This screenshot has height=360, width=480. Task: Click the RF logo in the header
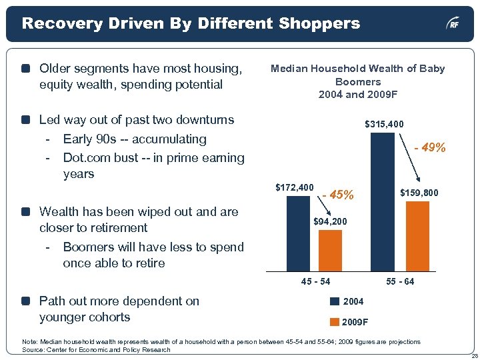click(x=453, y=25)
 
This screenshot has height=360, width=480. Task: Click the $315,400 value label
click(x=384, y=125)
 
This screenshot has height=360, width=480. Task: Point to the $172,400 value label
click(x=294, y=187)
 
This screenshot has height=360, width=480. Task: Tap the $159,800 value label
click(x=419, y=193)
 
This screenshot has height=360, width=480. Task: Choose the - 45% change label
click(x=338, y=195)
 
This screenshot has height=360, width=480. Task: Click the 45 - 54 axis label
click(x=315, y=282)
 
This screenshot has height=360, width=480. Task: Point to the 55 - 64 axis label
click(x=400, y=282)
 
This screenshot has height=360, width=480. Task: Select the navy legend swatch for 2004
click(x=335, y=302)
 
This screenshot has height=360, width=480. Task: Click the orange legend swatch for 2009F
click(x=335, y=322)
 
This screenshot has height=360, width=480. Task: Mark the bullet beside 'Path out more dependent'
click(x=25, y=301)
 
